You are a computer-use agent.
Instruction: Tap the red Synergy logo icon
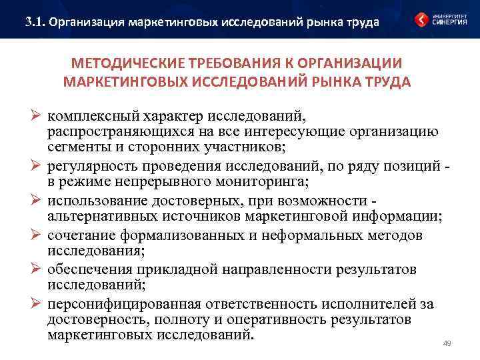point(421,20)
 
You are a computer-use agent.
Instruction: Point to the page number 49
point(447,344)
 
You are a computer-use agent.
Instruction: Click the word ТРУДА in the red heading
point(388,82)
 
